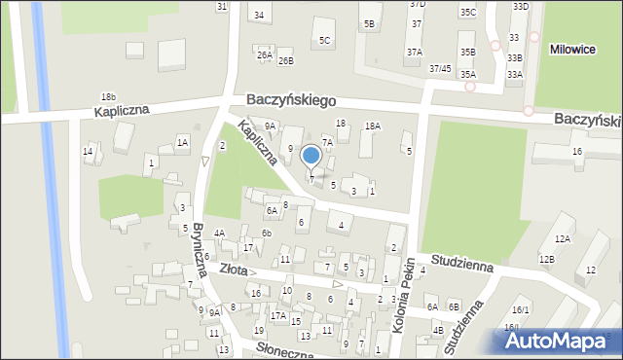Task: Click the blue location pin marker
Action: pyautogui.click(x=311, y=156)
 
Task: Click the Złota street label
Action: pyautogui.click(x=233, y=270)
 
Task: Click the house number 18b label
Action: pyautogui.click(x=108, y=97)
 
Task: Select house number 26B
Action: pyautogui.click(x=285, y=60)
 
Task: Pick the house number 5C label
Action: pyautogui.click(x=325, y=40)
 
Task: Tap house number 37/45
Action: pyautogui.click(x=440, y=68)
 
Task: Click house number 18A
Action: pyautogui.click(x=372, y=126)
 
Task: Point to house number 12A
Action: pyautogui.click(x=562, y=238)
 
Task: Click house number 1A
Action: pyautogui.click(x=182, y=143)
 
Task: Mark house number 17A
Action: pyautogui.click(x=278, y=316)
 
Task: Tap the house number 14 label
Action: pyautogui.click(x=88, y=151)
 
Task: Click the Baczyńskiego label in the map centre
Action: pyautogui.click(x=291, y=100)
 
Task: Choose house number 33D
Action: pyautogui.click(x=521, y=7)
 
